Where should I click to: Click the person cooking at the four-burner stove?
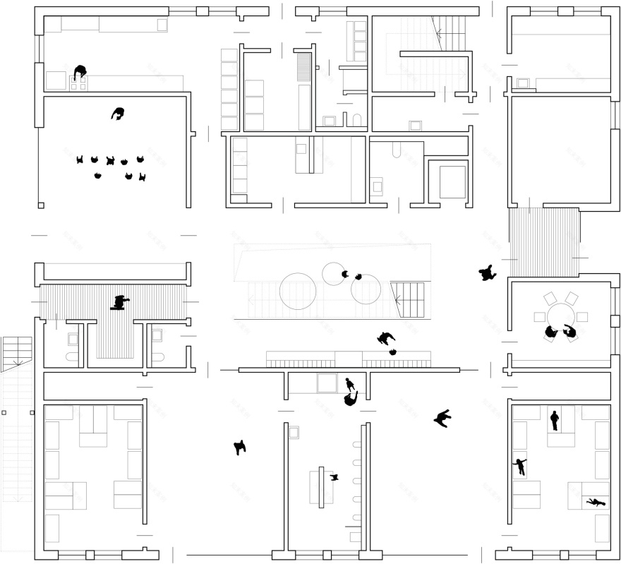[x=80, y=72]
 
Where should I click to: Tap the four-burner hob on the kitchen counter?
[x=78, y=83]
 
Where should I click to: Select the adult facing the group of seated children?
[x=118, y=113]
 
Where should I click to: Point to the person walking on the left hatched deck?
[x=121, y=303]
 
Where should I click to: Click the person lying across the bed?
[x=595, y=502]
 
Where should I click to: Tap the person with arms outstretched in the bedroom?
[x=521, y=466]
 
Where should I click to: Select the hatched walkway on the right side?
[x=543, y=241]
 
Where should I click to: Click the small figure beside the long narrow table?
[x=335, y=478]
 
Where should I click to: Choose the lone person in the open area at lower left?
[x=240, y=447]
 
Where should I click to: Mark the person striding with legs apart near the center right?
[x=442, y=419]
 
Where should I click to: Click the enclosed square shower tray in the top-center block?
[x=452, y=181]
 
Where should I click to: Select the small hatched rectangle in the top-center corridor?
[x=304, y=68]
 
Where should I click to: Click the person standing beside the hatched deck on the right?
[x=486, y=272]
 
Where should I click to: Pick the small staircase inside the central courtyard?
[x=409, y=297]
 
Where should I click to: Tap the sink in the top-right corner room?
[x=523, y=83]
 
